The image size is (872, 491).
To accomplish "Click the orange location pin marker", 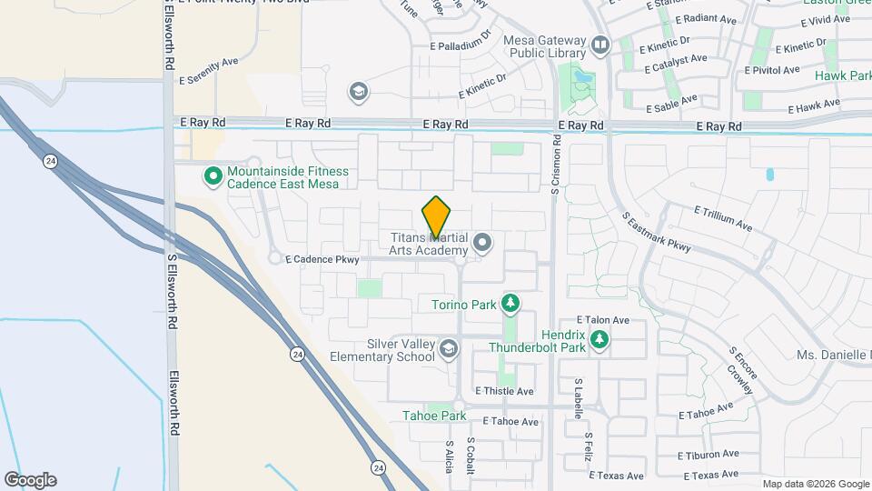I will pyautogui.click(x=437, y=217).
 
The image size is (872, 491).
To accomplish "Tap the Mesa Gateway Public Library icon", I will pyautogui.click(x=599, y=45).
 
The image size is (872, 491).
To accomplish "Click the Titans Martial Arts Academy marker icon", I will pyautogui.click(x=482, y=243).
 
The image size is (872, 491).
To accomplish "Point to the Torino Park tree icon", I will pyautogui.click(x=510, y=302).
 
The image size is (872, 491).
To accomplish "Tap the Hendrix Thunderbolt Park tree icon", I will pyautogui.click(x=599, y=339).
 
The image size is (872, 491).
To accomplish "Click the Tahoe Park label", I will pyautogui.click(x=434, y=416).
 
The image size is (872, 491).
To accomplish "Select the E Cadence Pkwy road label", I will pyautogui.click(x=322, y=259).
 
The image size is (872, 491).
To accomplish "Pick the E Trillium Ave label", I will pyautogui.click(x=724, y=217).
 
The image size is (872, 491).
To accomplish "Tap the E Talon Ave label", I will pyautogui.click(x=604, y=320).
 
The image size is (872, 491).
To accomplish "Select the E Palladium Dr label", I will pyautogui.click(x=461, y=41).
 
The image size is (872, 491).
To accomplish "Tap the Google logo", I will pyautogui.click(x=30, y=480).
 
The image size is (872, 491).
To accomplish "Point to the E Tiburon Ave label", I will pyautogui.click(x=708, y=455).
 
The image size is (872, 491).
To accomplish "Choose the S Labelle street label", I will pyautogui.click(x=577, y=397).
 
